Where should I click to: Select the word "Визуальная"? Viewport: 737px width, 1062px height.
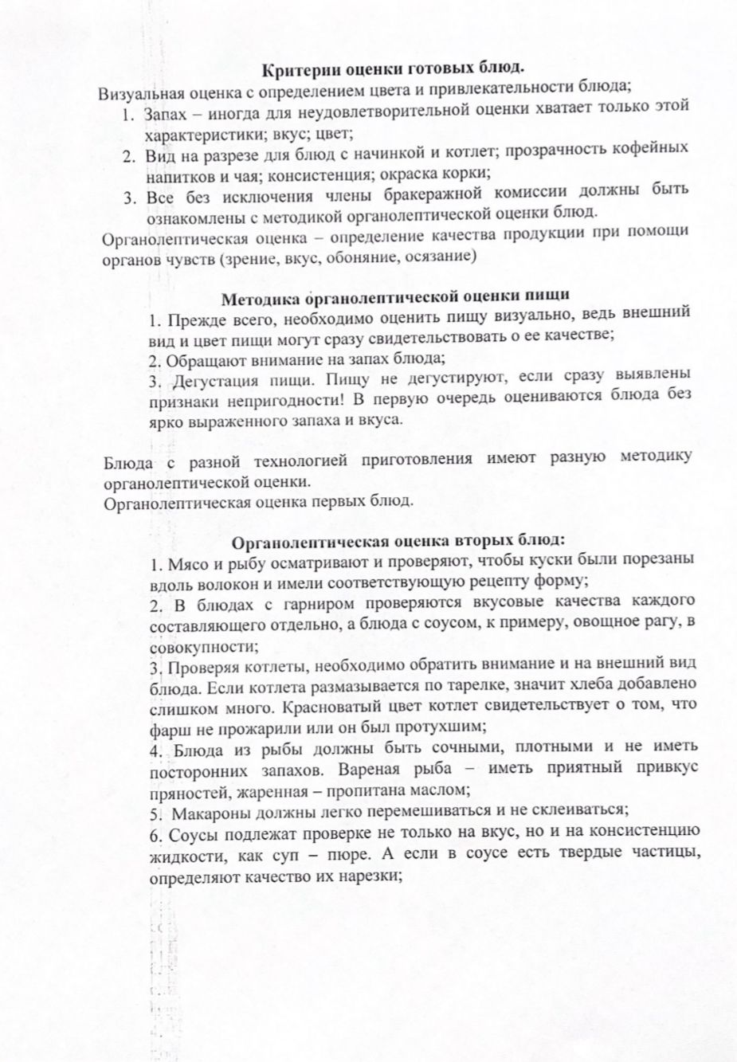(137, 92)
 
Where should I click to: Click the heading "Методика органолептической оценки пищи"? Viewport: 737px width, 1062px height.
(394, 299)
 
